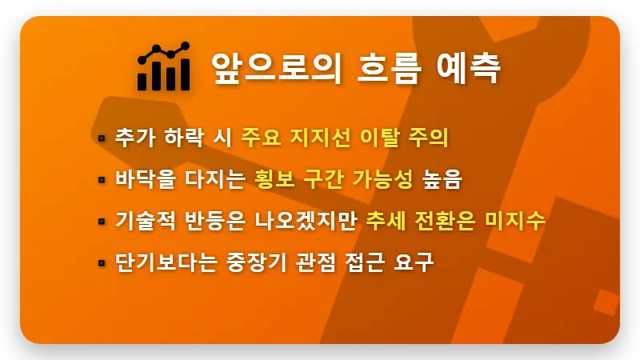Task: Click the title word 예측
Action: click(x=470, y=68)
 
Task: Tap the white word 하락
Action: click(x=181, y=138)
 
